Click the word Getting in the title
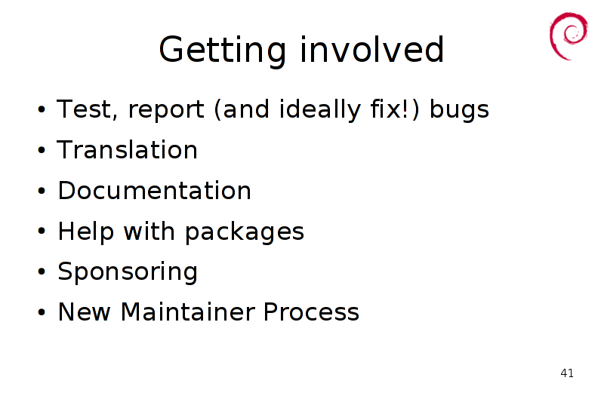click(x=222, y=50)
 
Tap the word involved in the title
click(x=371, y=49)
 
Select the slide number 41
click(x=567, y=373)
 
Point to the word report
click(x=166, y=110)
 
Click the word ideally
click(x=320, y=109)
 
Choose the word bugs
click(x=459, y=110)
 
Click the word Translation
click(x=127, y=149)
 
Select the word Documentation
click(x=154, y=190)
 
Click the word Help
click(x=86, y=231)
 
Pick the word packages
click(x=245, y=232)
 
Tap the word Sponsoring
click(x=128, y=272)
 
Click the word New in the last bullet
click(x=84, y=311)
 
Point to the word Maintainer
click(x=187, y=311)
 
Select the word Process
click(x=311, y=311)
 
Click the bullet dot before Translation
click(x=42, y=149)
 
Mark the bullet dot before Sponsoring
click(x=42, y=272)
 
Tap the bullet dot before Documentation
click(x=42, y=190)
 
